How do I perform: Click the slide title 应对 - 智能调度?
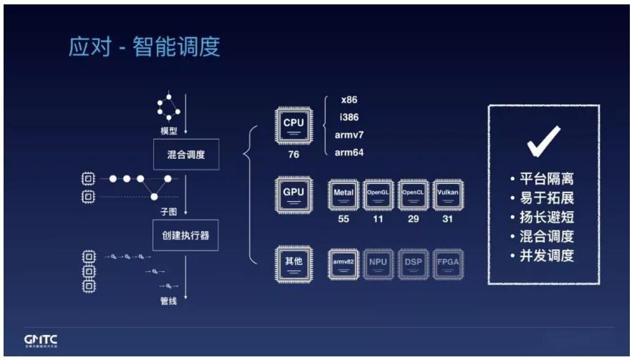(144, 47)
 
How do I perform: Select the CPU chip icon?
(293, 126)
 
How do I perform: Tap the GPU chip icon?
(293, 195)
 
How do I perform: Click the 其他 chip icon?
(293, 263)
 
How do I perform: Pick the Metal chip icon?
(344, 195)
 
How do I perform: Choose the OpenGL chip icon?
(379, 195)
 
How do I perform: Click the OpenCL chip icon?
(413, 195)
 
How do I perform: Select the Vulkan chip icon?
(447, 195)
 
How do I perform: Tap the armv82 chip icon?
(344, 263)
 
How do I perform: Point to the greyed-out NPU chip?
(379, 263)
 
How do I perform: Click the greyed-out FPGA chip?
(447, 263)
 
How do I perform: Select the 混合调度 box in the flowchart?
(185, 154)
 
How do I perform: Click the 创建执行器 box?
(185, 235)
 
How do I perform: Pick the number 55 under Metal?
(344, 219)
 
